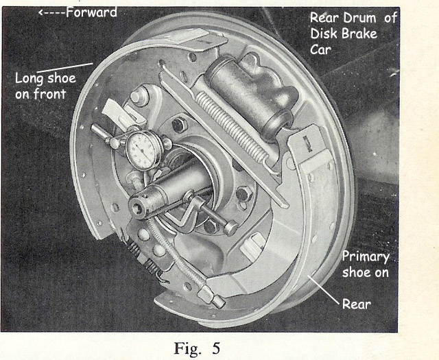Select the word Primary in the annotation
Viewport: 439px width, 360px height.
(366, 257)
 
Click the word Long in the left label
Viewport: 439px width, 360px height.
(29, 78)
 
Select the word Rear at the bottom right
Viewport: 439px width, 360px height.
(356, 301)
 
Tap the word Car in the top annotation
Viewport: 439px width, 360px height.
(321, 49)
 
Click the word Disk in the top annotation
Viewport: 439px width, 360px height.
(324, 34)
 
